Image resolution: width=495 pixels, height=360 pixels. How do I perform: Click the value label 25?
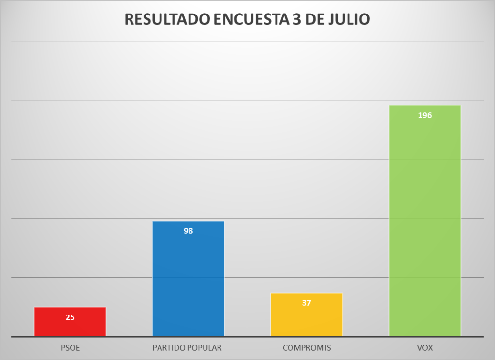(70, 318)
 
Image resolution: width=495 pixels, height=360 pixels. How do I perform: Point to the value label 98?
(188, 231)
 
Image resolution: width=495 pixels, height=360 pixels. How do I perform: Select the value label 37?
(306, 303)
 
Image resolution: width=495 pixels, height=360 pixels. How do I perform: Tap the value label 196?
(425, 116)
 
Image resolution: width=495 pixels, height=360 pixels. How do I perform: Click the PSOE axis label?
(70, 348)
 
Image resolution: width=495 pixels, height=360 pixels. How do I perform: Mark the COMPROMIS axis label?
(306, 348)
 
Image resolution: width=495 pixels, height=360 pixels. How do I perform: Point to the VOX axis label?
(425, 348)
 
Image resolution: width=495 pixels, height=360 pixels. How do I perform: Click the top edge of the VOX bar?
(424, 106)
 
